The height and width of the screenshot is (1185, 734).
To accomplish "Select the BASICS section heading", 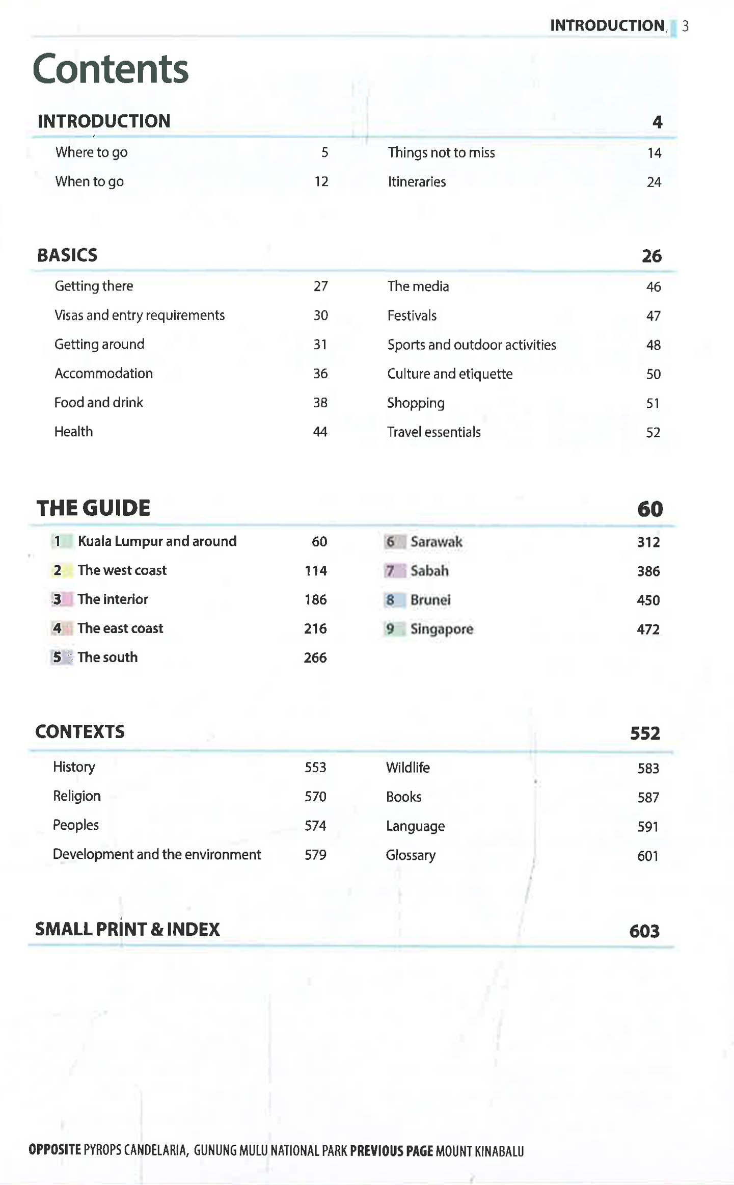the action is coord(67,255).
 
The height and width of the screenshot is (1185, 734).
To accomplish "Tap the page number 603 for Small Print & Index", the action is coord(644,931).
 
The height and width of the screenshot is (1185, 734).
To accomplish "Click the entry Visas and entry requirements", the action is coord(140,315).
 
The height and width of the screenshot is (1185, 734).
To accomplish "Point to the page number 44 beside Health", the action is coord(320,432).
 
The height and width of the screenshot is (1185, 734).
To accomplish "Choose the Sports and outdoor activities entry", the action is coord(472,345).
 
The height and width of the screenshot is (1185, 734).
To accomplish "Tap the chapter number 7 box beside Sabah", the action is coord(394,571).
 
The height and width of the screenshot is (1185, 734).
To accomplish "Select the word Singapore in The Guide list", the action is coord(442,629).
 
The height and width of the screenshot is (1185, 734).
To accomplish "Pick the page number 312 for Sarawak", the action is coord(648,542).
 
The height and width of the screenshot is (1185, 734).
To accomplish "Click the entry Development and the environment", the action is coord(157,855).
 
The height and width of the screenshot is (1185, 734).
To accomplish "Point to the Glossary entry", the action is coord(411,855).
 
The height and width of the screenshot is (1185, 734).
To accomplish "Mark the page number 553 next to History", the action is coord(315,768).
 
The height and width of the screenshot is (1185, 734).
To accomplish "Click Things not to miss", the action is coord(441,153).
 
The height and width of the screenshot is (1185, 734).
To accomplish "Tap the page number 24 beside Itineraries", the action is coord(654,182).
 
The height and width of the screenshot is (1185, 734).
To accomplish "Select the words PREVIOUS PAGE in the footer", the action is coord(391,1151).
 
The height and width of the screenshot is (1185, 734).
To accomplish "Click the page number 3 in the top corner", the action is coord(686,26).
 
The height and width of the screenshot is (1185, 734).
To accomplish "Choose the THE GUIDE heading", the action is coord(94,508).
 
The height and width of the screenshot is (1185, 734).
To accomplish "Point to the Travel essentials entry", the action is coord(434,432).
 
